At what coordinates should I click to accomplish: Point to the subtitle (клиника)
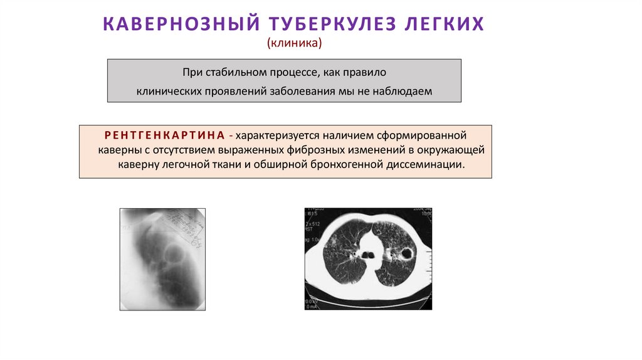pos(294,43)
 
